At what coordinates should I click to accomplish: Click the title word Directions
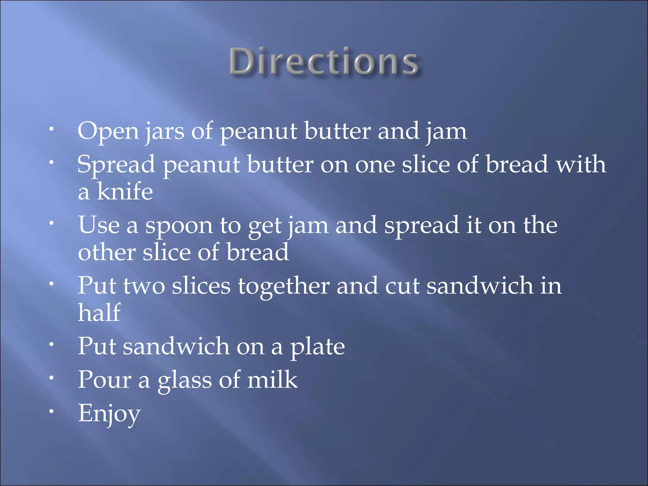point(324,62)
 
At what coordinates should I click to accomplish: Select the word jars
point(165,132)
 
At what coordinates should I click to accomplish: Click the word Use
point(99,225)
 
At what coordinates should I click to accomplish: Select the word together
point(284,286)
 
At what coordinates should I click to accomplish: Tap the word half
point(99,313)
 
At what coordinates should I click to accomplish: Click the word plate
point(318,347)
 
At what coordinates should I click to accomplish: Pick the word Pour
point(104,379)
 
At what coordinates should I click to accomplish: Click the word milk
point(272,379)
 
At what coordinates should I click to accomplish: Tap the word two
point(144,286)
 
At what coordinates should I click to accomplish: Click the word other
point(107,252)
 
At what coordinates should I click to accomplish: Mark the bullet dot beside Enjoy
point(51,412)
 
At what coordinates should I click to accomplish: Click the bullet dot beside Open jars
point(51,129)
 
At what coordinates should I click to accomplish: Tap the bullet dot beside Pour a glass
point(51,377)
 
